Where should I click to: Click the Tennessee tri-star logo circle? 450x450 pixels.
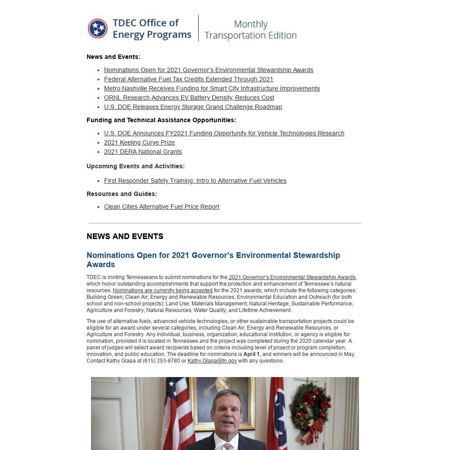tap(98, 29)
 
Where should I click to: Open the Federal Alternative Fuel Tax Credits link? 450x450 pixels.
tap(189, 79)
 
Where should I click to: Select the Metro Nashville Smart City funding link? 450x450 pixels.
tap(212, 88)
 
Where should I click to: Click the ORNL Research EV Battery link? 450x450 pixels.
tap(189, 98)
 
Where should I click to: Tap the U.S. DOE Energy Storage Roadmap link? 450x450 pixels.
tap(193, 107)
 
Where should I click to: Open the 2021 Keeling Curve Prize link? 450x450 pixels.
tap(139, 142)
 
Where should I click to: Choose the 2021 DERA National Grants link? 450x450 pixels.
tap(143, 152)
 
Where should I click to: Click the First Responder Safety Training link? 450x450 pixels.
tap(195, 181)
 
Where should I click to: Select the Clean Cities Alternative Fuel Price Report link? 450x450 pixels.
tap(161, 207)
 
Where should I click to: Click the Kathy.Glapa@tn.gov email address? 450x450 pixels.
tap(212, 361)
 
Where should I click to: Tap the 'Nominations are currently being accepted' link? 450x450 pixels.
tap(163, 290)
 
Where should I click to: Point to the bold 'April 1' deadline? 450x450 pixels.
tap(251, 354)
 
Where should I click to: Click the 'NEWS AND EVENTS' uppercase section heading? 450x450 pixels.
tap(125, 236)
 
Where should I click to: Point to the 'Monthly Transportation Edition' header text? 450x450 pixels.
tap(250, 29)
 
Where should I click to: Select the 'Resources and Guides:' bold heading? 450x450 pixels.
tap(122, 194)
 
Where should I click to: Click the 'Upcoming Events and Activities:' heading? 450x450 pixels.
tap(135, 166)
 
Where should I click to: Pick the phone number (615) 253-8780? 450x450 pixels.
tap(161, 361)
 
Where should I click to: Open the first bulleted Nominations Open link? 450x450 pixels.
tap(208, 70)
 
